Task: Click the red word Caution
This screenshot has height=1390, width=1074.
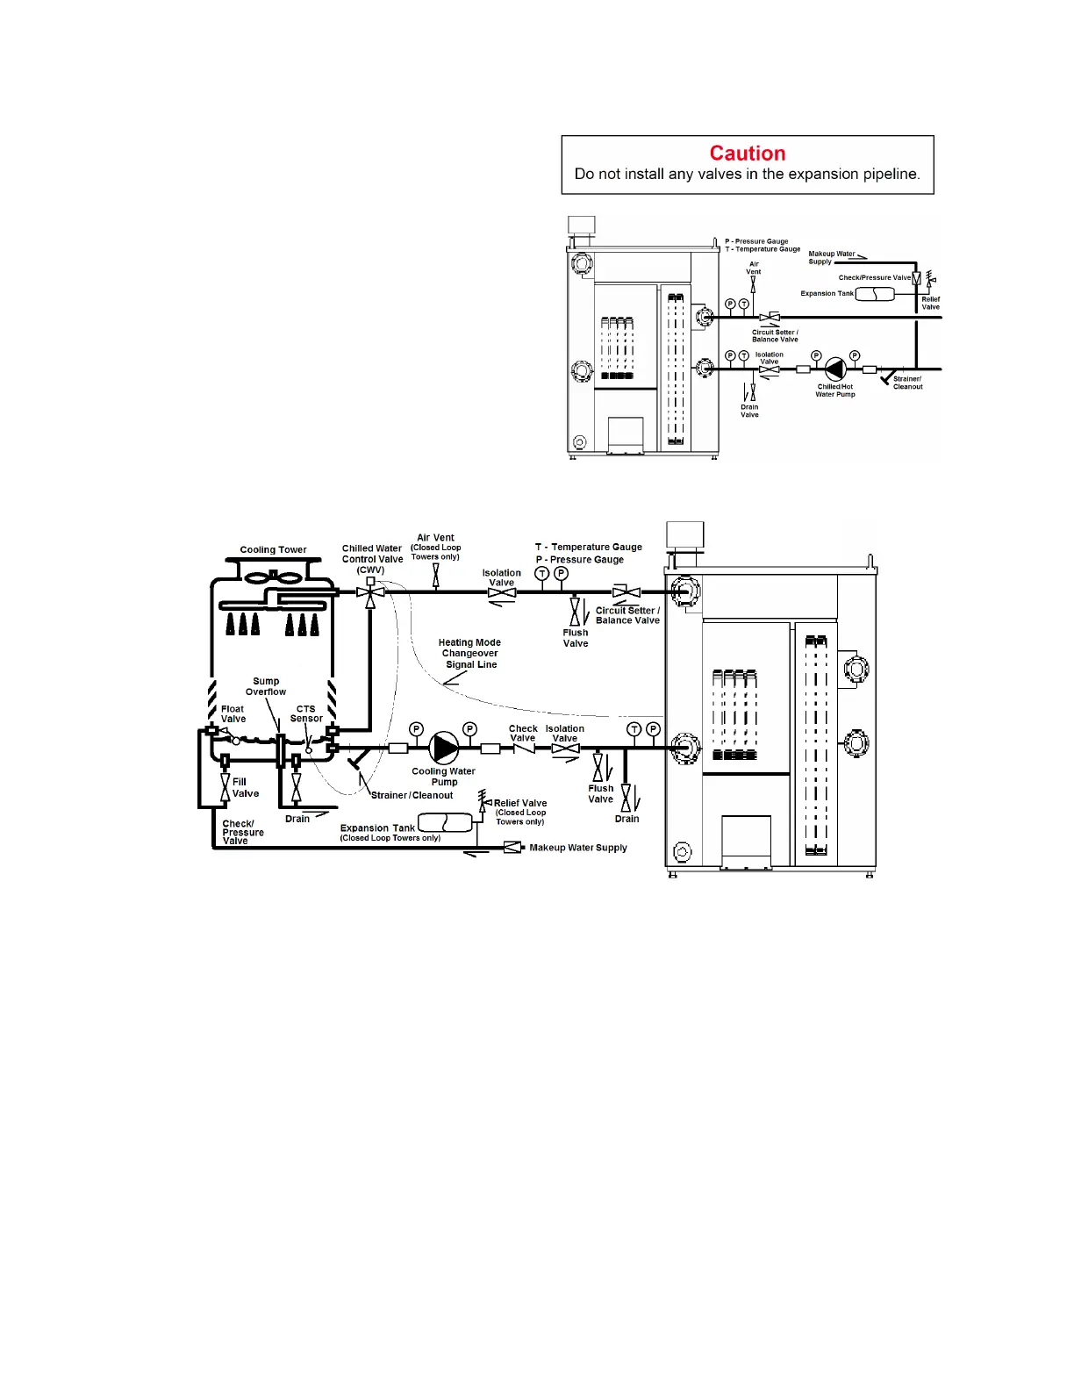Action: [x=747, y=153]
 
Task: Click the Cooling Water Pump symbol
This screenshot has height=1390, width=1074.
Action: [x=443, y=747]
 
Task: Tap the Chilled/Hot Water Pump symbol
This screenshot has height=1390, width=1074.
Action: [x=834, y=369]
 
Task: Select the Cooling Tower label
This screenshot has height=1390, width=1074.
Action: [x=273, y=549]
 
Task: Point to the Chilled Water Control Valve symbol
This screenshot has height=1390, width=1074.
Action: [x=370, y=592]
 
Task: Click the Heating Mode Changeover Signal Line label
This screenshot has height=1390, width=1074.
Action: [x=469, y=653]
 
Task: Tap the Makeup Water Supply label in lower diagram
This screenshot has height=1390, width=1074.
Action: [x=578, y=848]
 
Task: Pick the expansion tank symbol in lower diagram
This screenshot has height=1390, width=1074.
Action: [x=445, y=822]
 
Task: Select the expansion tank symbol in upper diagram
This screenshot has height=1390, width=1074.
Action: [x=875, y=294]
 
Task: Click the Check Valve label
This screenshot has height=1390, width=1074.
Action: [x=523, y=733]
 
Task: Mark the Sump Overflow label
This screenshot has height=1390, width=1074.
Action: [x=266, y=686]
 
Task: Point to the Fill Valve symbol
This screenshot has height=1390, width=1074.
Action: [x=226, y=787]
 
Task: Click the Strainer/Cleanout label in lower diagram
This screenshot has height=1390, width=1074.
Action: [x=412, y=795]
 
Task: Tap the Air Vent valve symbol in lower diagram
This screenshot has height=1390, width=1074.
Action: [x=435, y=575]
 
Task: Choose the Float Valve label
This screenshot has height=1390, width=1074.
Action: [x=233, y=714]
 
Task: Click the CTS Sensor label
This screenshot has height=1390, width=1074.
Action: [x=305, y=713]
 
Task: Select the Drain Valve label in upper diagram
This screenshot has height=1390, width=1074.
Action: [x=749, y=411]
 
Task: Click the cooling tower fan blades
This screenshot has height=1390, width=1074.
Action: [x=273, y=577]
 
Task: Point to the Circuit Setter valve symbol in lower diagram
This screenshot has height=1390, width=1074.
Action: [x=626, y=592]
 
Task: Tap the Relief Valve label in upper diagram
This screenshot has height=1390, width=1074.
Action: [x=931, y=304]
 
